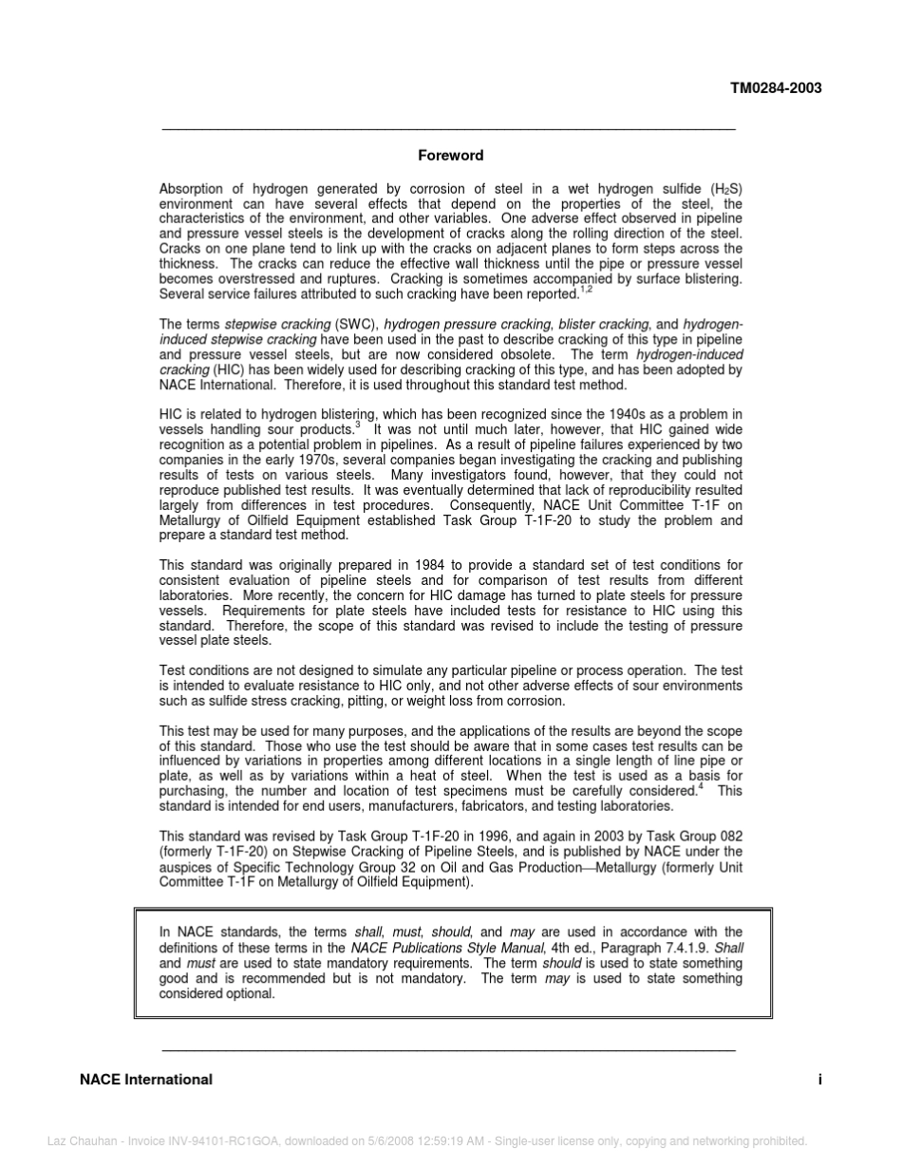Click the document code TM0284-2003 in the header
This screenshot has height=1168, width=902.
[x=775, y=88]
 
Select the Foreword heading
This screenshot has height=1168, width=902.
[x=451, y=155]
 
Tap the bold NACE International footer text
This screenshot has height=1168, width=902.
[x=146, y=1079]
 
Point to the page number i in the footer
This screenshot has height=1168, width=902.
[x=818, y=1079]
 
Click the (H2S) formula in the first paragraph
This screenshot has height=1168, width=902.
[x=726, y=189]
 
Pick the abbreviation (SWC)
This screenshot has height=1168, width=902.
[x=356, y=325]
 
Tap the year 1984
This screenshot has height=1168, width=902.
[x=429, y=565]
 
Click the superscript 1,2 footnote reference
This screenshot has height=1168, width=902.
[x=586, y=290]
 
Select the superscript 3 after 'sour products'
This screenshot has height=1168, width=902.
[x=357, y=425]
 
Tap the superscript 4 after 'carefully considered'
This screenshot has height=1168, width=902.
[x=701, y=786]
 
